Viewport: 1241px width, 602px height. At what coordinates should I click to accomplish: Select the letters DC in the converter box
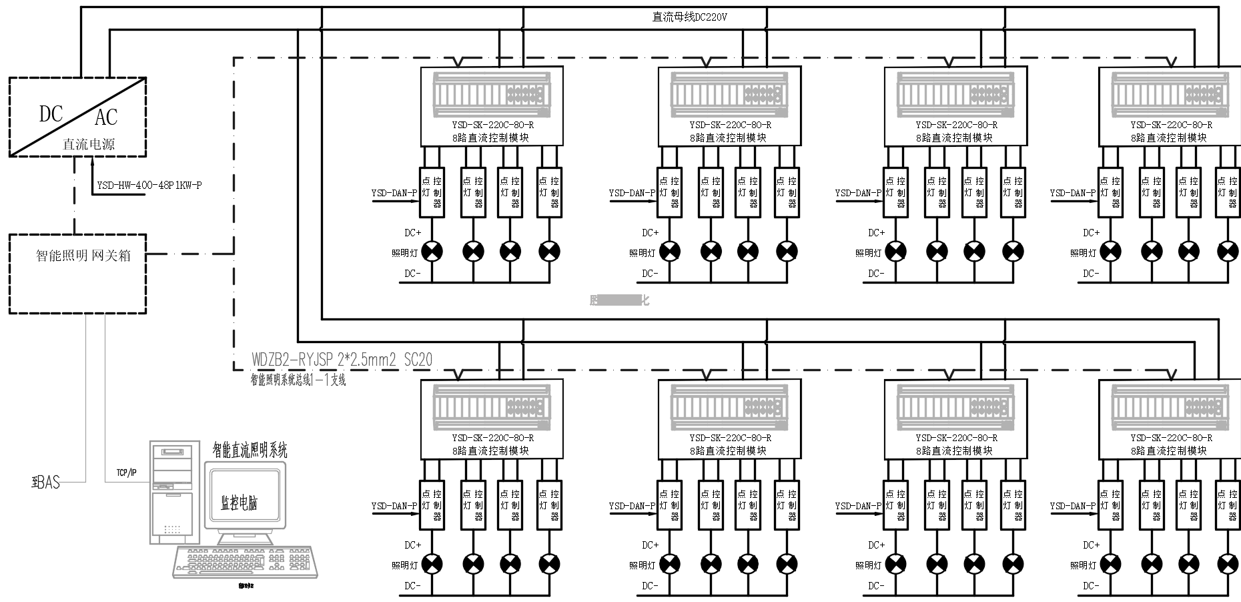coord(51,114)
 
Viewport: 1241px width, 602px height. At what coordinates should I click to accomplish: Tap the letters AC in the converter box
coord(106,117)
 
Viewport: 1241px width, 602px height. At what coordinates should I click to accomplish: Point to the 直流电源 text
coord(89,143)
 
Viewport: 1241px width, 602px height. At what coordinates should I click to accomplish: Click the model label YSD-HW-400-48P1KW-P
coord(149,186)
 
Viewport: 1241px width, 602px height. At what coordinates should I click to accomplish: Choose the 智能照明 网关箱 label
coord(83,256)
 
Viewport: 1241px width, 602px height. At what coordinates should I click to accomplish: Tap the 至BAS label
coord(46,482)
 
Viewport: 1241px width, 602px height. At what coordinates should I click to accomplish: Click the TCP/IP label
coord(126,473)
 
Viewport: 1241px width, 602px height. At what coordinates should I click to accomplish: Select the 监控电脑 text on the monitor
coord(239,503)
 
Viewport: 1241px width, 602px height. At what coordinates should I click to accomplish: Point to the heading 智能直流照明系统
coord(250,450)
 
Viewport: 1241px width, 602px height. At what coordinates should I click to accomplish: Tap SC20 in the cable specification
coord(418,360)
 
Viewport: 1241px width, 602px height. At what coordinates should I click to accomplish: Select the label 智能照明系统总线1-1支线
coord(298,380)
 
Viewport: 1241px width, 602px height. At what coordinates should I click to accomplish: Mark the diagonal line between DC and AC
coord(77,117)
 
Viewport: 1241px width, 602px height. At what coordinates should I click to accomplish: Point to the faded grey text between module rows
coord(619,300)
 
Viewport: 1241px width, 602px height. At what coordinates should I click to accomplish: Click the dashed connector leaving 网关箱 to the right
coord(190,254)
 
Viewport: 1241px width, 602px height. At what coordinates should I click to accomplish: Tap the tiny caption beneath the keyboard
coord(246,586)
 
